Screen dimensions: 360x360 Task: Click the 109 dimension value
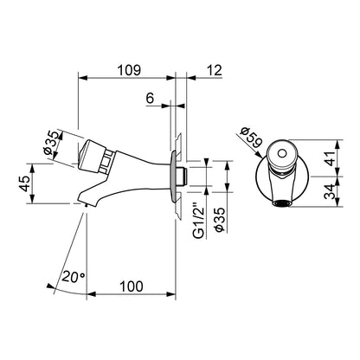[x=129, y=70]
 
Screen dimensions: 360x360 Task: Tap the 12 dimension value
[x=214, y=70]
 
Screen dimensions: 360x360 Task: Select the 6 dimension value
[x=150, y=99]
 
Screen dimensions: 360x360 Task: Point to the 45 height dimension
[x=24, y=183]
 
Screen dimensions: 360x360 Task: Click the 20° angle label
[x=74, y=277]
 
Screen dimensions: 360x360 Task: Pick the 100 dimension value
[x=132, y=286]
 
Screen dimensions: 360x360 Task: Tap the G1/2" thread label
[x=198, y=221]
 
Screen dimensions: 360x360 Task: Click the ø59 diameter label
[x=251, y=138]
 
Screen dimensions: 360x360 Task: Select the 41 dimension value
[x=331, y=157]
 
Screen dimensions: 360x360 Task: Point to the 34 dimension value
[x=331, y=191]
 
